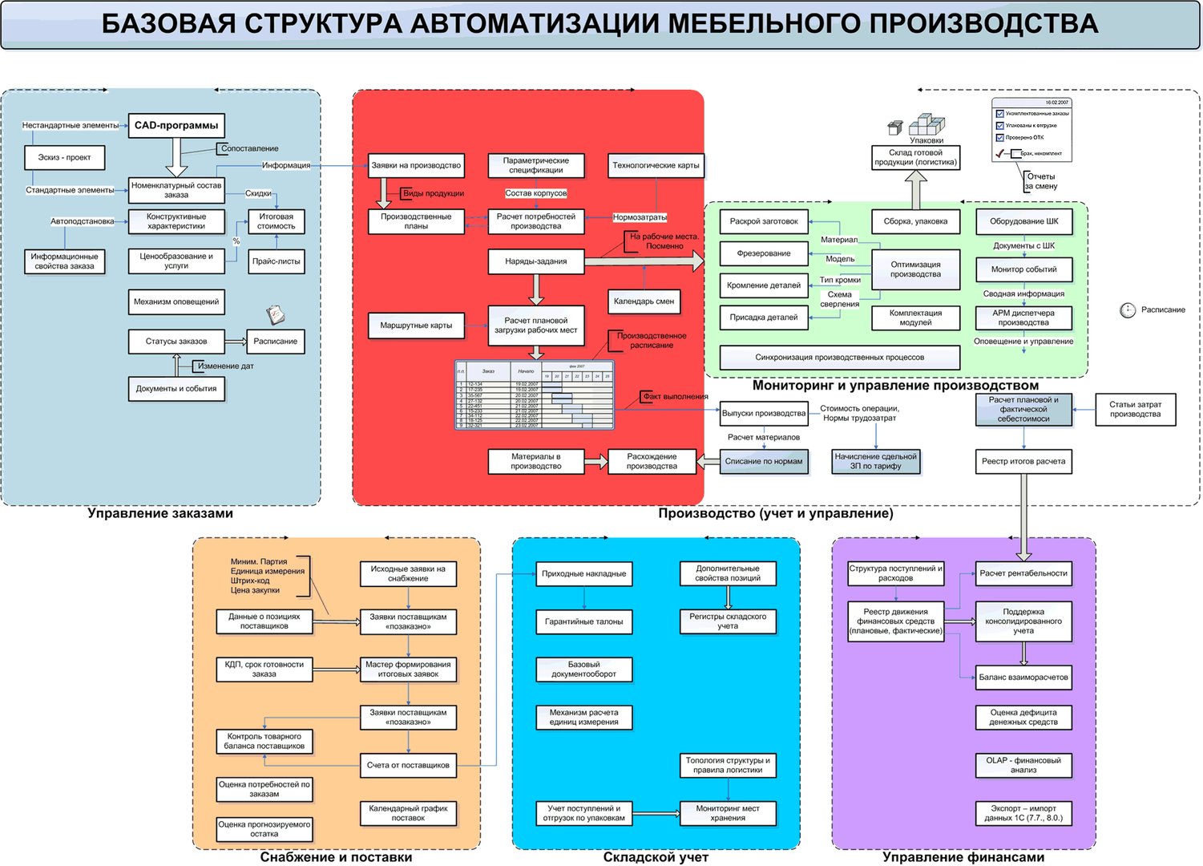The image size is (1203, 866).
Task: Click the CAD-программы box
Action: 176,126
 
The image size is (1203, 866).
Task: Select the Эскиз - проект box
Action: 64,157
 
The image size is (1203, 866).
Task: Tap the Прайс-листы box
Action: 276,261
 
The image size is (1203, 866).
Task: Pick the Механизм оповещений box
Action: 176,302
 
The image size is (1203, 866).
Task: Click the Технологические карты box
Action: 656,165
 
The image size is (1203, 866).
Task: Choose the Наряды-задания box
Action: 535,261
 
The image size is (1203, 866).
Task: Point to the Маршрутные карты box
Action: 416,326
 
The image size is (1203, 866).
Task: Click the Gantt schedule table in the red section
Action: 535,395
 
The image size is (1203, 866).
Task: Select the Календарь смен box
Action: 644,301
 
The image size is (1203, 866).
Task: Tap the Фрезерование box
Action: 764,253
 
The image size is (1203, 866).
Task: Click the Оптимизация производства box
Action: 915,269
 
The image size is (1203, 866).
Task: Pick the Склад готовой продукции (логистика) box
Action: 915,157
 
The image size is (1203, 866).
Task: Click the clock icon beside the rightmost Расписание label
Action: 1128,310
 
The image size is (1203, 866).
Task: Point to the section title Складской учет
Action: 656,857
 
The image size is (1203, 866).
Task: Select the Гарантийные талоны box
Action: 583,622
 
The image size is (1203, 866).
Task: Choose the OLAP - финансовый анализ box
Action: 1023,765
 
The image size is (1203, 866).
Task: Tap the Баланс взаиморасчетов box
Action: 1023,678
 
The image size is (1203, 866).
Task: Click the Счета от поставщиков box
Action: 408,766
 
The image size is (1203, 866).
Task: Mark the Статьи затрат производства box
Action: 1135,410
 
